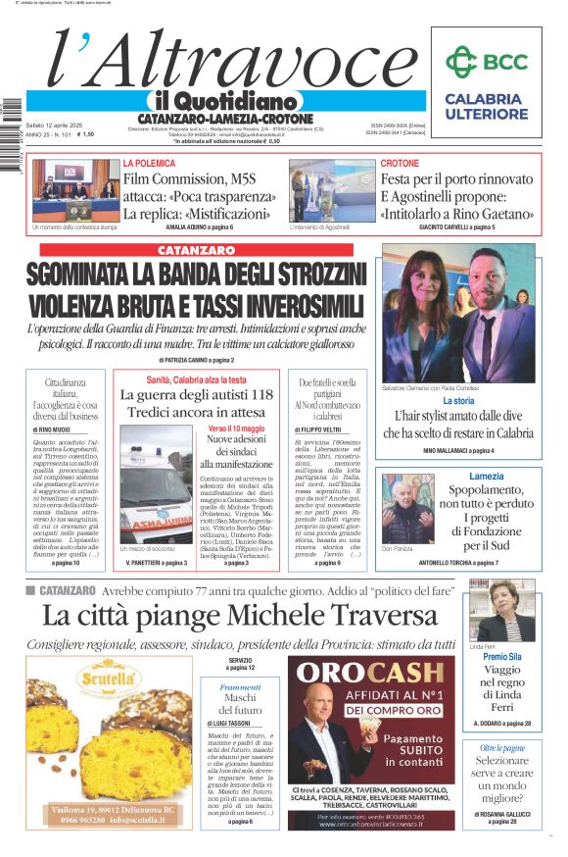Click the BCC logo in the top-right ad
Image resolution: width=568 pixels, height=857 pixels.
486,62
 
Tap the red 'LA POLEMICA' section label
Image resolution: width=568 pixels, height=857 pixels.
149,163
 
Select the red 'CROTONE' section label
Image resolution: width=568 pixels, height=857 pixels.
400,163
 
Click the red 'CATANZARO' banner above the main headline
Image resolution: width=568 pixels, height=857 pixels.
195,250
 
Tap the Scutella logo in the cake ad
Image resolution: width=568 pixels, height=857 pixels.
110,679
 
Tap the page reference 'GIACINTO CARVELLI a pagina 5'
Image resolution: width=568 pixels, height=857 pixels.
456,227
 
